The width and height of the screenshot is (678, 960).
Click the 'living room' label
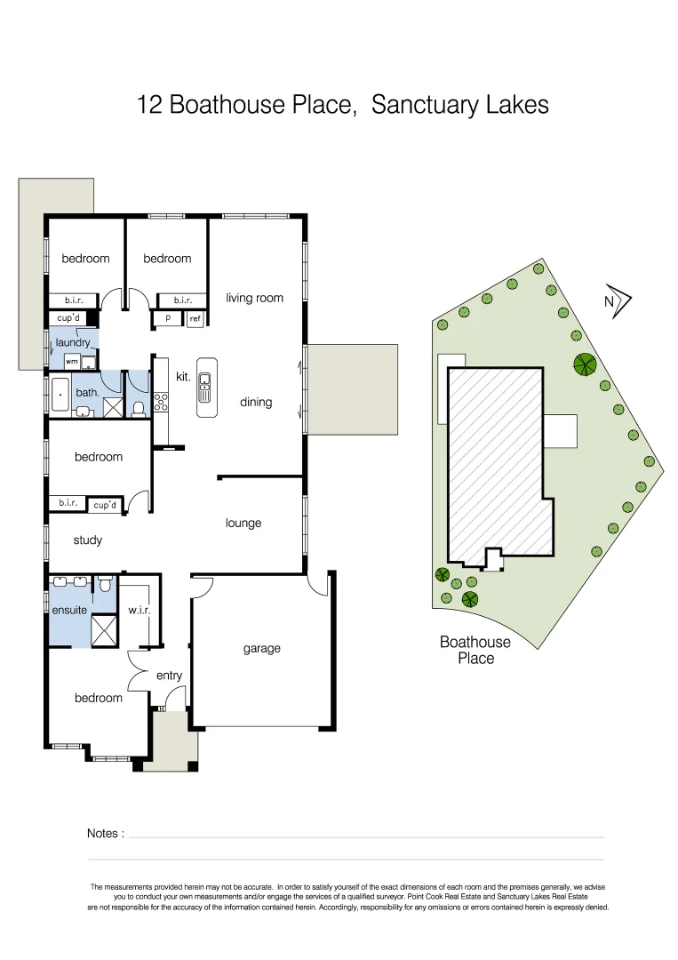[254, 298]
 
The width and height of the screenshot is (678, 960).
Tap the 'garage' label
[261, 648]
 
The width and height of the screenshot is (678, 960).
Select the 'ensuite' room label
[69, 610]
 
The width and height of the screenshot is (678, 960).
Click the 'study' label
[87, 540]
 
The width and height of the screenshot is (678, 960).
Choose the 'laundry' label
[73, 342]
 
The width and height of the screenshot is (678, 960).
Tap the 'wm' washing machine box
[71, 362]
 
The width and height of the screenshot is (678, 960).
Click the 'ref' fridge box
[195, 318]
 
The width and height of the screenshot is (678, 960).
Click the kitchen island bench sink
[205, 383]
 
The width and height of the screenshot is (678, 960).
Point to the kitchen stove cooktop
[161, 401]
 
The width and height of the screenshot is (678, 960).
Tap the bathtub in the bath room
[59, 395]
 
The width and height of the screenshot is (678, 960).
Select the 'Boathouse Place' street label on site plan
[475, 650]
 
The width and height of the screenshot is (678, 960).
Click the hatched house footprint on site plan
[494, 462]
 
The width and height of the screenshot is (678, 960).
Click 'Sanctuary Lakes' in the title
[459, 105]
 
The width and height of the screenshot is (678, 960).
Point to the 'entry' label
[169, 676]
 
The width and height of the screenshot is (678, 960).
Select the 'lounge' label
[243, 523]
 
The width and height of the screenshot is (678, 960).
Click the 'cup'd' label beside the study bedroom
[105, 504]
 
